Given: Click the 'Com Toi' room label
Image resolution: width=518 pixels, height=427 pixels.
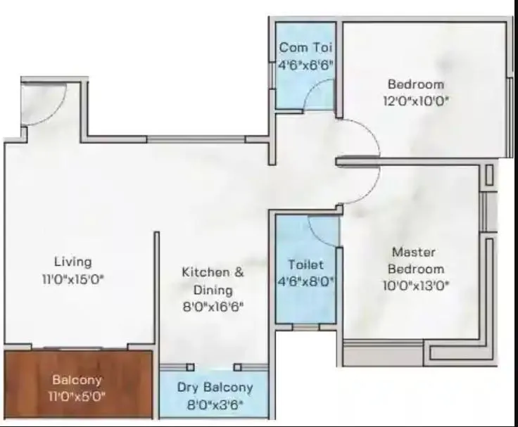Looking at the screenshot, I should (x=305, y=48).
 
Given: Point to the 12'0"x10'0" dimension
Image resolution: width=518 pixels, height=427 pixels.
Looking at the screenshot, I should (x=415, y=100).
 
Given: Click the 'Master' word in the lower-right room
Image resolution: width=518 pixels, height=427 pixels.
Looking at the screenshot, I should (x=413, y=252).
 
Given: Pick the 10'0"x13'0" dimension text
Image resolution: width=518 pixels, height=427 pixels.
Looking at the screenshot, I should (x=414, y=285).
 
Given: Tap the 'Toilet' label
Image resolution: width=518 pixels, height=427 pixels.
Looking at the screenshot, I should (x=305, y=265).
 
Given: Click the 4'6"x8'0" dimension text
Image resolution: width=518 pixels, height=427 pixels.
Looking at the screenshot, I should (x=305, y=281).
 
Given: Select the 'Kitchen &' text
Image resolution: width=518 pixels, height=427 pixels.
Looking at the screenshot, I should (x=213, y=272).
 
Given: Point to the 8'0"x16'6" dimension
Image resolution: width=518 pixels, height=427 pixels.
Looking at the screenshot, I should (x=213, y=306).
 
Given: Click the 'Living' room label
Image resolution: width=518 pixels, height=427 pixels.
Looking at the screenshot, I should (x=73, y=262).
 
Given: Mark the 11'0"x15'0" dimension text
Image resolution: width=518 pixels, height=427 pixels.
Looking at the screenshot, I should (x=73, y=279).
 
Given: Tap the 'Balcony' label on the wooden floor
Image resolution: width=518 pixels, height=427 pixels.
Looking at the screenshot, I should (x=77, y=380).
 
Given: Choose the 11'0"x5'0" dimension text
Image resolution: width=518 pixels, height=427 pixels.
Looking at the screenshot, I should (x=77, y=396).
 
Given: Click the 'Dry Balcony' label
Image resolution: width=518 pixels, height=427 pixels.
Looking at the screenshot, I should (x=214, y=388).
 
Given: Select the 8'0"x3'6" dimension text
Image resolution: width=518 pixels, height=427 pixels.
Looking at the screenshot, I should (x=214, y=404).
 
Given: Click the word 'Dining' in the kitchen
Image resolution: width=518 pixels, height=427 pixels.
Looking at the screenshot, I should (x=213, y=289).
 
